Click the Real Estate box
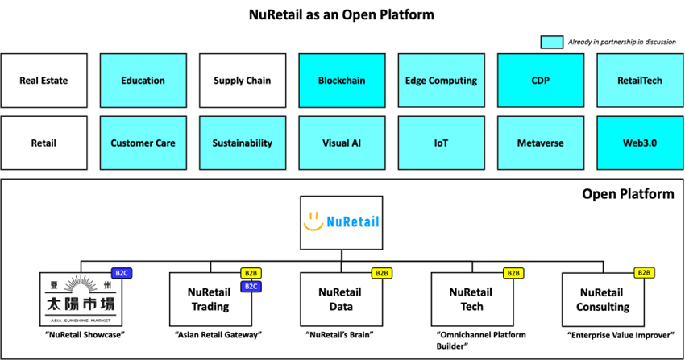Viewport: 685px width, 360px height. coord(44,81)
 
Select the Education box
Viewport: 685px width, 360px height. coord(143,81)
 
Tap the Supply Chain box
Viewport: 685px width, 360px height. coord(243,81)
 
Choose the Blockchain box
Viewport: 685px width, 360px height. coord(342,81)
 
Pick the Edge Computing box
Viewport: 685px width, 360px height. coord(442,81)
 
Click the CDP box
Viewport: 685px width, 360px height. coord(541,81)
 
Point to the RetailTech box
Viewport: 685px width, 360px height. coord(641,81)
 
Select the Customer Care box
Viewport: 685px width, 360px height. coord(143,143)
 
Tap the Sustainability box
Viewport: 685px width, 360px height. coord(243,143)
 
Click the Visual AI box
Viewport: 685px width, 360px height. coord(342,143)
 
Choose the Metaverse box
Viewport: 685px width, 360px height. coord(541,143)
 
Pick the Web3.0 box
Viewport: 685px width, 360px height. coord(641,143)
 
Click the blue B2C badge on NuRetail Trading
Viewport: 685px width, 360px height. coord(250,286)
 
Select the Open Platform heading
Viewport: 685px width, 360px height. coord(628,194)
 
